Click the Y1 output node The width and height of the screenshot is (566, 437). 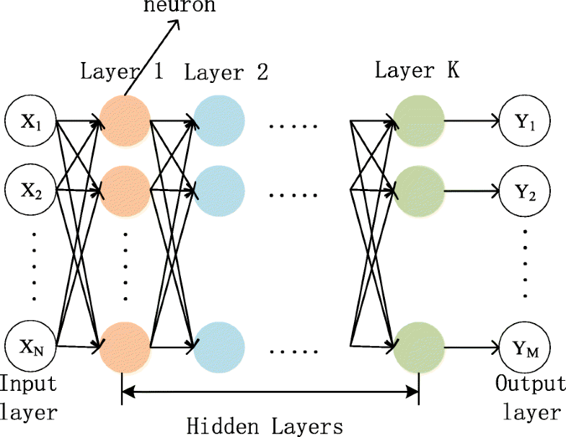pos(524,121)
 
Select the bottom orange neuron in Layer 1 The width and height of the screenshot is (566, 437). pos(124,347)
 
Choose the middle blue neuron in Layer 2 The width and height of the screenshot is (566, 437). pos(219,191)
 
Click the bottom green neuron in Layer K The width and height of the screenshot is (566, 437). pos(418,347)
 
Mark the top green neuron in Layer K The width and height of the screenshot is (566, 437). pos(418,121)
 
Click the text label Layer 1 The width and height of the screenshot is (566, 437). pos(120,73)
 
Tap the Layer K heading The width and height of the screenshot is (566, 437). pos(416,71)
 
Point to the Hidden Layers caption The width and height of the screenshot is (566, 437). pos(264,425)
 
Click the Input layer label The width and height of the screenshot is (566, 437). pos(29,397)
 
